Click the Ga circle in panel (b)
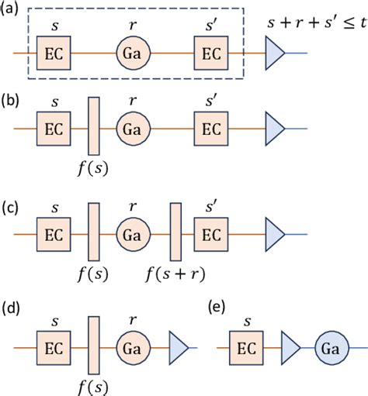tap(131, 124)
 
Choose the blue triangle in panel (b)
tap(276, 124)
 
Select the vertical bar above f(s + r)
tap(175, 230)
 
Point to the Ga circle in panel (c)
tap(131, 230)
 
